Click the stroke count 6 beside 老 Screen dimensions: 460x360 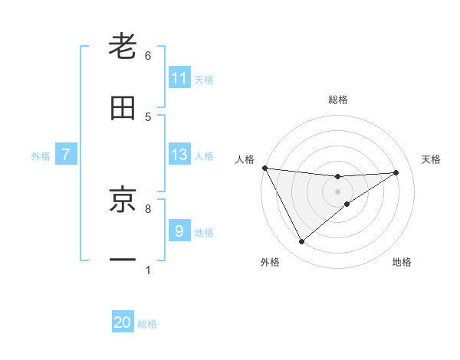[x=148, y=56]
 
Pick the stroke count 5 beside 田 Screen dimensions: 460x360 [x=148, y=116]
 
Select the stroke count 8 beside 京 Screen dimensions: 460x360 [x=148, y=208]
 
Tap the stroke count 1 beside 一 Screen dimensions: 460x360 [x=148, y=270]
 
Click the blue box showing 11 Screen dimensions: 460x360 [x=179, y=78]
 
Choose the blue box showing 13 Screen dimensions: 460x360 [x=179, y=155]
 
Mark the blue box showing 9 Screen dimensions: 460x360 [x=179, y=231]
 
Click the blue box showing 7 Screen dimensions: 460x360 [x=66, y=155]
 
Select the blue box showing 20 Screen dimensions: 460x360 [x=123, y=322]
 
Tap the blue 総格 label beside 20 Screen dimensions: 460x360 [x=147, y=324]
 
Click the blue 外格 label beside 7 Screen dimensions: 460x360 [x=41, y=156]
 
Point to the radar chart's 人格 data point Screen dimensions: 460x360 [x=264, y=168]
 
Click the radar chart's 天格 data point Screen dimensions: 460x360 [x=396, y=172]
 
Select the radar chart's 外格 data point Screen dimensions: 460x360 [x=301, y=242]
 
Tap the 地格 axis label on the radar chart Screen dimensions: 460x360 [x=402, y=262]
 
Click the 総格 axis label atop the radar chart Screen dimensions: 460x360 [x=337, y=100]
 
